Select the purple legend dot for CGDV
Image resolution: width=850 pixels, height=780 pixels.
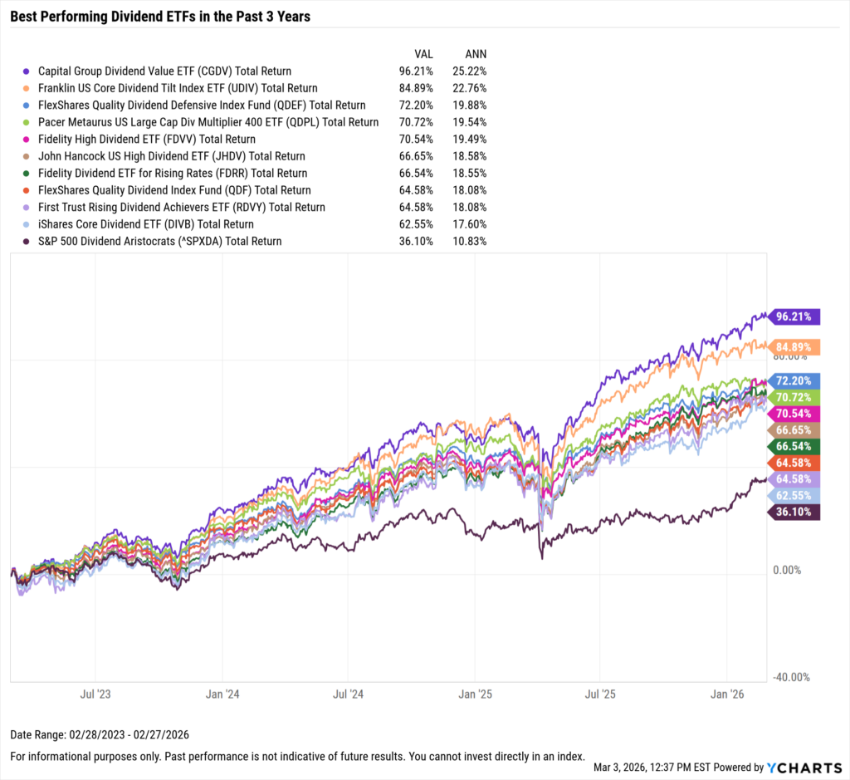pyautogui.click(x=27, y=71)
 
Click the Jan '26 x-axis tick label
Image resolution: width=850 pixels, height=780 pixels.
pyautogui.click(x=727, y=692)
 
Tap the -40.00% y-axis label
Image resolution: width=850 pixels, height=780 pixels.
pyautogui.click(x=791, y=677)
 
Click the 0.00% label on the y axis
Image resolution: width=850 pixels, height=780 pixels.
pyautogui.click(x=788, y=570)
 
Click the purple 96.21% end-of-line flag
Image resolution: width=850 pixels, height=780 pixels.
pyautogui.click(x=794, y=316)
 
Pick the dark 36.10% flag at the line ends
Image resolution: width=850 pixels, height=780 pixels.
pyautogui.click(x=794, y=513)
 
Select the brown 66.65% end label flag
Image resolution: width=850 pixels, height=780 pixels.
pyautogui.click(x=794, y=430)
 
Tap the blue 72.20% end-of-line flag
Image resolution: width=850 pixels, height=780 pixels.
pyautogui.click(x=794, y=380)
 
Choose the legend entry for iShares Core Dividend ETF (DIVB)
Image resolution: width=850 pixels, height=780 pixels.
pyautogui.click(x=145, y=224)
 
